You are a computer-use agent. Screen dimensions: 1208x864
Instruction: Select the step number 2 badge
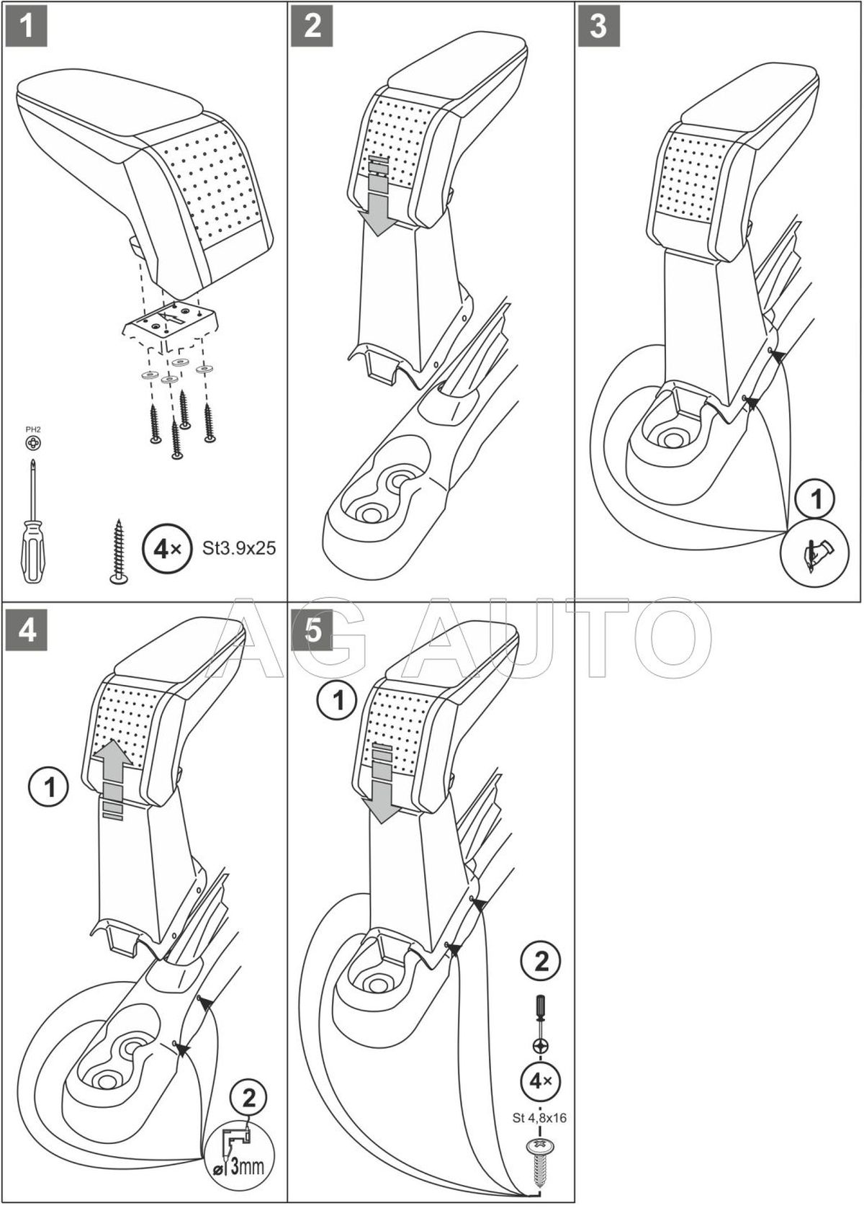312,26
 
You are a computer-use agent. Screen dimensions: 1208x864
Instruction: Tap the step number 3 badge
598,26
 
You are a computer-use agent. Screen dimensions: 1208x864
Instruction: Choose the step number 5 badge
312,630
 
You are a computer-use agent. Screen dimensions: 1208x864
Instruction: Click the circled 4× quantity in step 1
164,549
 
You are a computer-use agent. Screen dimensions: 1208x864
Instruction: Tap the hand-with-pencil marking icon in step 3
816,553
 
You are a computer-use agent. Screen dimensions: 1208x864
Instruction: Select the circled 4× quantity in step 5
540,1081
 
